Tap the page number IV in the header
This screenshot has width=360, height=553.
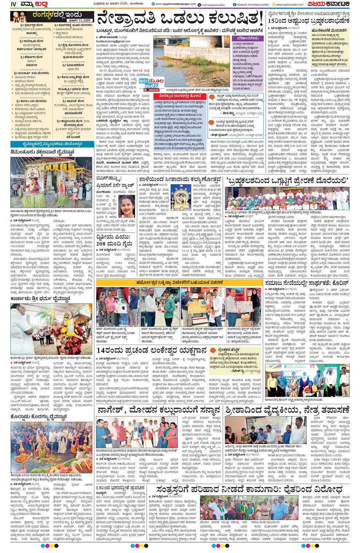click(x=4, y=4)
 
